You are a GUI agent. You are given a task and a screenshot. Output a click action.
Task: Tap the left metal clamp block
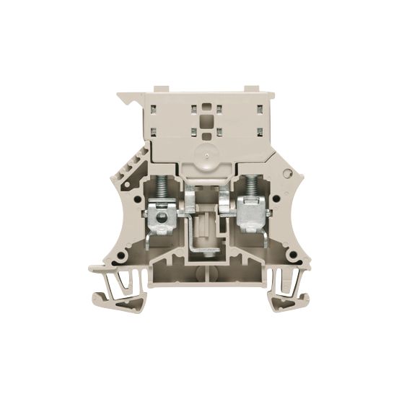click(x=164, y=216)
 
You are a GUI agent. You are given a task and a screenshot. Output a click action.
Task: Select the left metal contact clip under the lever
click(x=189, y=198)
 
